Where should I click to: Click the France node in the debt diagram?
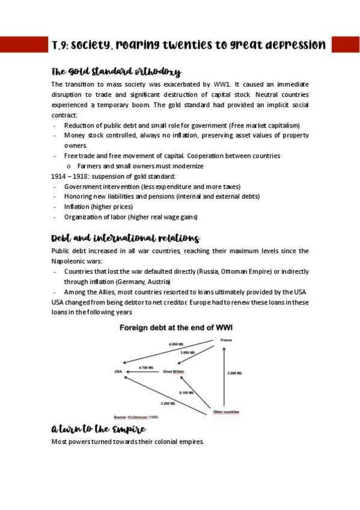pyautogui.click(x=226, y=340)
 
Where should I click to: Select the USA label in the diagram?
pyautogui.click(x=118, y=372)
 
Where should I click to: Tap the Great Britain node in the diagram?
pyautogui.click(x=174, y=372)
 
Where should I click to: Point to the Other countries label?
pyautogui.click(x=227, y=412)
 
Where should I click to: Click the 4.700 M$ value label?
pyautogui.click(x=146, y=367)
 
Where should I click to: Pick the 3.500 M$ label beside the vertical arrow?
pyautogui.click(x=234, y=373)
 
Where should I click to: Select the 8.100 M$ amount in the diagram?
pyautogui.click(x=186, y=392)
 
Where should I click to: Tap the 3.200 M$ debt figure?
pyautogui.click(x=168, y=403)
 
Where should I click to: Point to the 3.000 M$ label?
pyautogui.click(x=189, y=352)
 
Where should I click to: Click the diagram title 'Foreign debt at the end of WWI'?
pyautogui.click(x=176, y=328)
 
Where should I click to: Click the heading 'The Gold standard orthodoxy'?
pyautogui.click(x=116, y=72)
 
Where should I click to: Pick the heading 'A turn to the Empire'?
pyautogui.click(x=99, y=429)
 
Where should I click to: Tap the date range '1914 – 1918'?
pyautogui.click(x=69, y=176)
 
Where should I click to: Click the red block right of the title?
pyautogui.click(x=345, y=45)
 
